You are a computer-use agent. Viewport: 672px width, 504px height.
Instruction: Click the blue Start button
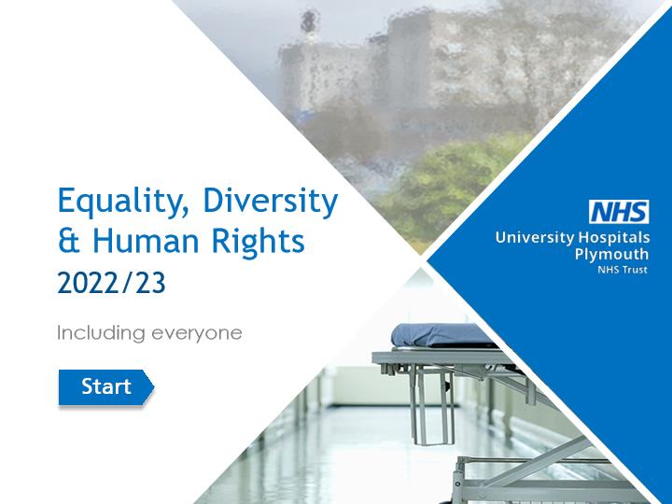(x=105, y=387)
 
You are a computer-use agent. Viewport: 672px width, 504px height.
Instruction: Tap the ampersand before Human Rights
(x=68, y=241)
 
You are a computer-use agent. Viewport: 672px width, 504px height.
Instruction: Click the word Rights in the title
(x=259, y=242)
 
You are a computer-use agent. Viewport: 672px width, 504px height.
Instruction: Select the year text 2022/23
(x=111, y=283)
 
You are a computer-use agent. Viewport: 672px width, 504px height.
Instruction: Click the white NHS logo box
(x=619, y=212)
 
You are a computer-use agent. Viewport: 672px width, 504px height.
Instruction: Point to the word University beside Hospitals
(x=535, y=238)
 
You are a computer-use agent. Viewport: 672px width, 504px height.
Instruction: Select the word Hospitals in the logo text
(x=614, y=237)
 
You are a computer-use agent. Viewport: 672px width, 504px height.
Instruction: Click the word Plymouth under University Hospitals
(x=611, y=255)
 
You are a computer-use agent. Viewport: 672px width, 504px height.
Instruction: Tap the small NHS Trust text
(x=623, y=270)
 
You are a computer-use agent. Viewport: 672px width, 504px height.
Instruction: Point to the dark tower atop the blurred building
(x=310, y=21)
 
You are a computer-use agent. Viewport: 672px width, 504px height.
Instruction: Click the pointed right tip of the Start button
(x=153, y=387)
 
